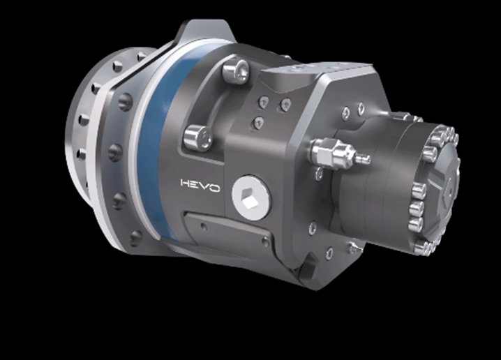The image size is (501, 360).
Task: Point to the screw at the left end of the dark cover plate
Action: (202, 225)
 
